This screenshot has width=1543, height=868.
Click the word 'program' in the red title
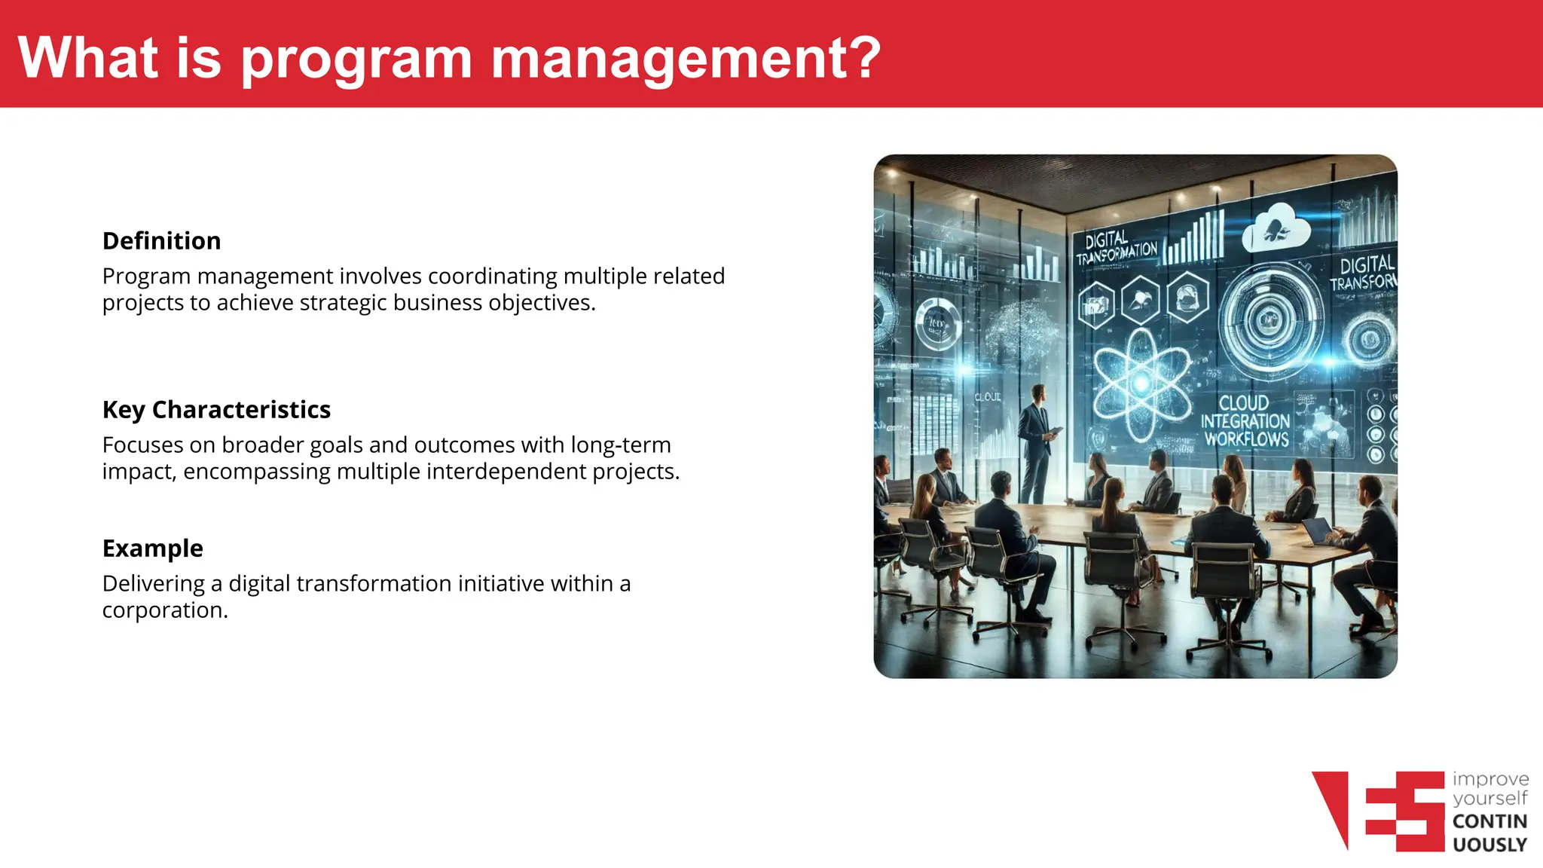pyautogui.click(x=356, y=60)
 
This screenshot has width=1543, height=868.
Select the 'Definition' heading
pyautogui.click(x=162, y=241)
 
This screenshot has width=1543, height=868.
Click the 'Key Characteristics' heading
pyautogui.click(x=216, y=410)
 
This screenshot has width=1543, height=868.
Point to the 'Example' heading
pyautogui.click(x=153, y=549)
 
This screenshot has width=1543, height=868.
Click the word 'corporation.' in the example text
pyautogui.click(x=165, y=610)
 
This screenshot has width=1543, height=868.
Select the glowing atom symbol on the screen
pyautogui.click(x=1141, y=384)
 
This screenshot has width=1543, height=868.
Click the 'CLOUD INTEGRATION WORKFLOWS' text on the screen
pyautogui.click(x=1245, y=421)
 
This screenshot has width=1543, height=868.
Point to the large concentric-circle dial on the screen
pyautogui.click(x=1270, y=320)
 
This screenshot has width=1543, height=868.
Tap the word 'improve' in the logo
pyautogui.click(x=1490, y=779)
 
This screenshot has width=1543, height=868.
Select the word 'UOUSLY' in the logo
pyautogui.click(x=1490, y=845)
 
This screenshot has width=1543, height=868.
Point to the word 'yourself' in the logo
pyautogui.click(x=1490, y=799)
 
